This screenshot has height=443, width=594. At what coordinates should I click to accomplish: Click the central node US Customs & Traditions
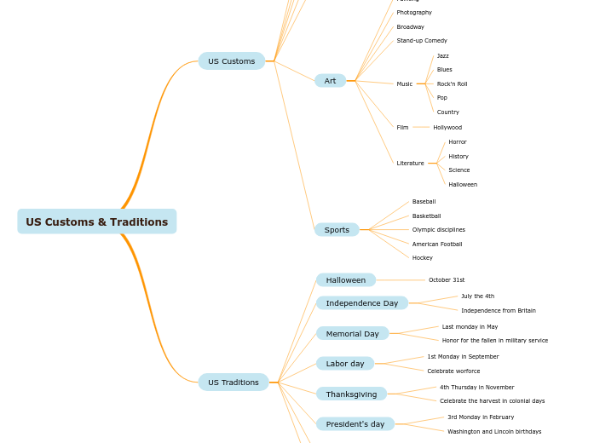[96, 221]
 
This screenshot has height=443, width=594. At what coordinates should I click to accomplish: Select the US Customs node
[231, 61]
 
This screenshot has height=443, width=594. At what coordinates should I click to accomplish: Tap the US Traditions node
[233, 383]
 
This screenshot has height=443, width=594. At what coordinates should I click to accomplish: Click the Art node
[330, 81]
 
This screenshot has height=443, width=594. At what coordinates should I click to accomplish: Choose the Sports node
[337, 230]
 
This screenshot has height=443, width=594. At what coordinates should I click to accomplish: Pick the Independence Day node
[361, 303]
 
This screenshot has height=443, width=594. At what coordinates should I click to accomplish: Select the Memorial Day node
[352, 334]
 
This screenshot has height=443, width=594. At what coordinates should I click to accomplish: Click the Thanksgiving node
[351, 394]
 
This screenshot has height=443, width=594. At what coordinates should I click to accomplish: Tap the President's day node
[355, 424]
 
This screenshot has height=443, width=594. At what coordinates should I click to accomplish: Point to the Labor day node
[344, 364]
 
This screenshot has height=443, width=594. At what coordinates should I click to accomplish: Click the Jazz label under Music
[442, 56]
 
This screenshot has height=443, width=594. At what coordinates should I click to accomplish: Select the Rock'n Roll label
[452, 84]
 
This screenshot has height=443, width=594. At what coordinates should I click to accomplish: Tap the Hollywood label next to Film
[447, 128]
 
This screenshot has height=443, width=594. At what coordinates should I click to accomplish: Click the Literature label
[410, 164]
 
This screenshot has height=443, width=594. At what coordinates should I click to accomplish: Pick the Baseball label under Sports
[424, 202]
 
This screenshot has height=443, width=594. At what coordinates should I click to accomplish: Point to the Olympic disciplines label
[438, 230]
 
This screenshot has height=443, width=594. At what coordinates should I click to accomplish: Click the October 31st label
[447, 280]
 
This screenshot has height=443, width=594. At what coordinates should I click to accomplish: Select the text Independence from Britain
[499, 311]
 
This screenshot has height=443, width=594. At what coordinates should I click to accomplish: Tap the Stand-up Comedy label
[421, 41]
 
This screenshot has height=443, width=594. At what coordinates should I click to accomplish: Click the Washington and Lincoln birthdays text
[494, 432]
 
